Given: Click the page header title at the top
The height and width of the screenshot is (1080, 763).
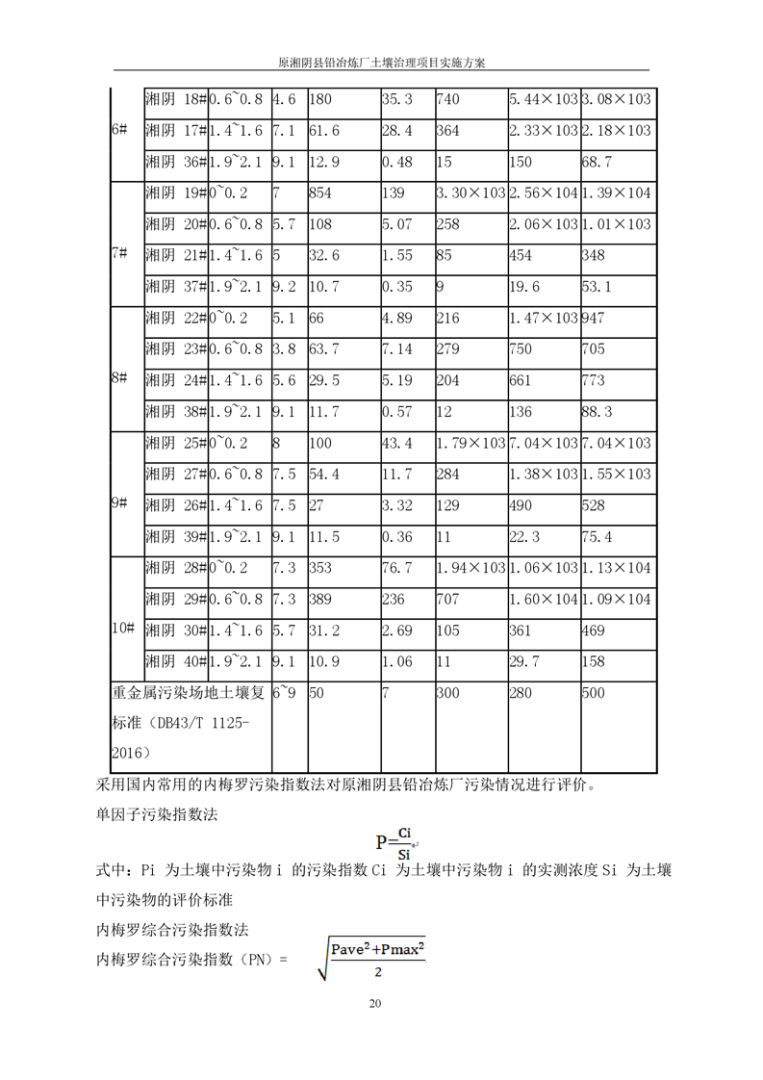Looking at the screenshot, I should click(381, 61).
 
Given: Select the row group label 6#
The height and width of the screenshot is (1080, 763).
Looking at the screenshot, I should click(119, 130).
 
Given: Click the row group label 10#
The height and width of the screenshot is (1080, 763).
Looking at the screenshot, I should click(122, 629).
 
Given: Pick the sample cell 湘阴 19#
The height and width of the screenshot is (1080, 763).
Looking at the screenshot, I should click(175, 193).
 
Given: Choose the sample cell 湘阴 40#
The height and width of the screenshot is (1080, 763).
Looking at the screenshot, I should click(175, 661).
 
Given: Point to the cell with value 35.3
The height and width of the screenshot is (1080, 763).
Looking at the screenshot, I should click(396, 99).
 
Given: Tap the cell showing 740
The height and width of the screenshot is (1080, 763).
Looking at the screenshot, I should click(447, 99).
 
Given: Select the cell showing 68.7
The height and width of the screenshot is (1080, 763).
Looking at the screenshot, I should click(598, 162).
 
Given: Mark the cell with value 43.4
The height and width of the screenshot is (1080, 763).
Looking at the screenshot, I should click(396, 443).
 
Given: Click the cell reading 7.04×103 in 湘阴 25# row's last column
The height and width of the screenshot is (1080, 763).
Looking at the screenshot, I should click(617, 443).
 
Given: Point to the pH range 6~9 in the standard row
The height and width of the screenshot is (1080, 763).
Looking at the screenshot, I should click(285, 692).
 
